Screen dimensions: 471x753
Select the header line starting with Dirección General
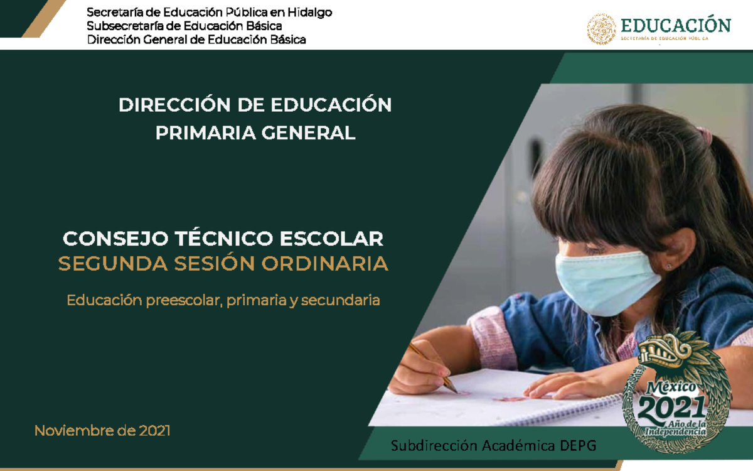[x=196, y=40]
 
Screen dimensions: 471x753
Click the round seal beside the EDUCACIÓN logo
[x=601, y=29]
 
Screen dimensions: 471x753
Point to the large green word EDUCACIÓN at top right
[x=675, y=25]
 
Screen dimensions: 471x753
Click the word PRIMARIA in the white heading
[x=201, y=133]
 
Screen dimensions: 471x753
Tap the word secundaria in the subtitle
[x=341, y=300]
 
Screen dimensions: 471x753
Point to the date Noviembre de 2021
[x=102, y=431]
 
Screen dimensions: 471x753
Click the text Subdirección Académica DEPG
[x=493, y=446]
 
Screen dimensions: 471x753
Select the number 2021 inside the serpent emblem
[x=672, y=409]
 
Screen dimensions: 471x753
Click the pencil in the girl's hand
[x=433, y=367]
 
